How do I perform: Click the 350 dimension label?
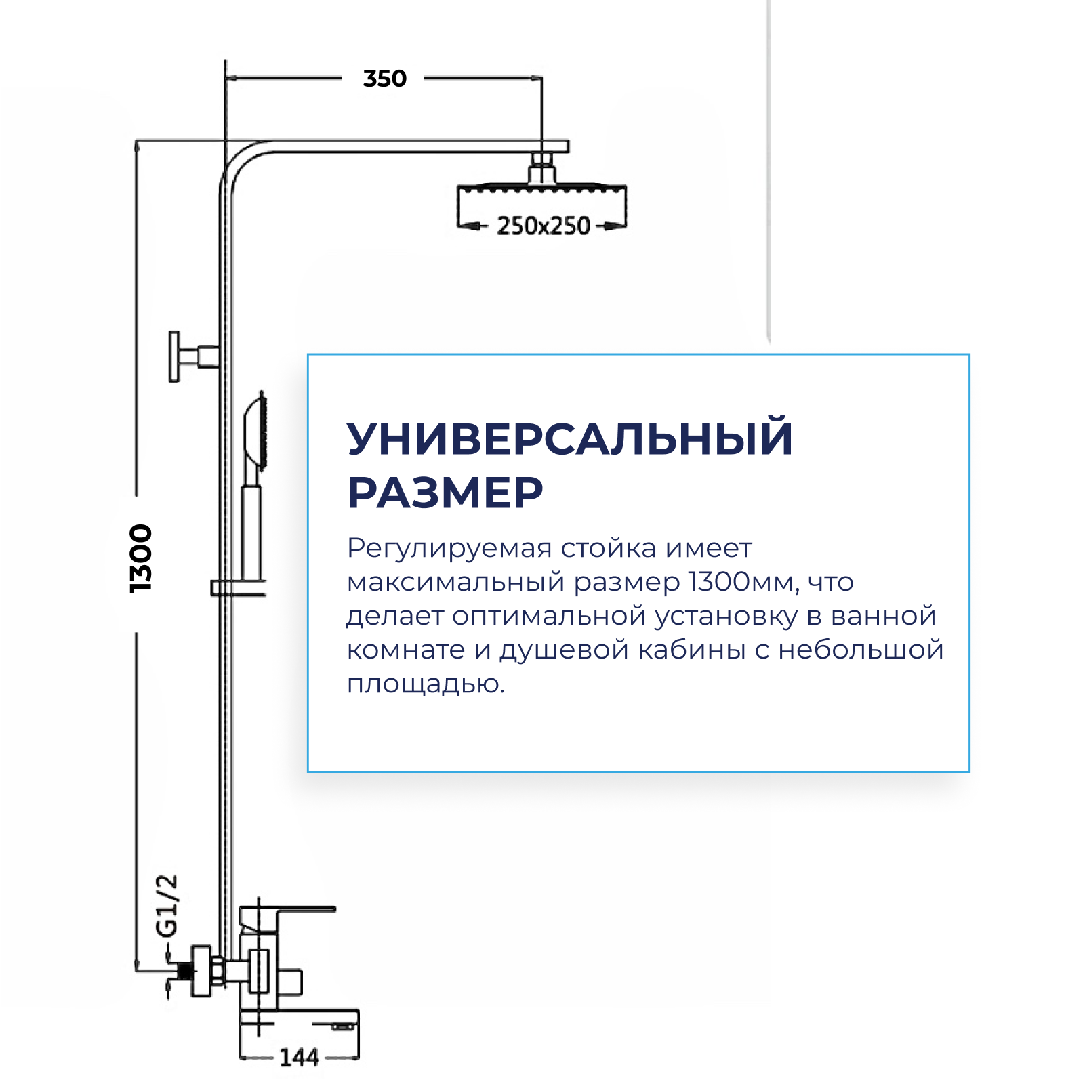[x=384, y=79]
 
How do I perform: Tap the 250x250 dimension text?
[x=543, y=226]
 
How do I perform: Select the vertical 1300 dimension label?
[x=141, y=559]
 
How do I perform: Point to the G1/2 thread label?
[x=167, y=906]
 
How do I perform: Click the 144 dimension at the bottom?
[x=299, y=1057]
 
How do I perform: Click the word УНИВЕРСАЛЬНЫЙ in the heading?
[x=569, y=439]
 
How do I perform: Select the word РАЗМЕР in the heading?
[x=445, y=493]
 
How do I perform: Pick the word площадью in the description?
[x=425, y=684]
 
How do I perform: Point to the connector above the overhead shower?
[x=541, y=167]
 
